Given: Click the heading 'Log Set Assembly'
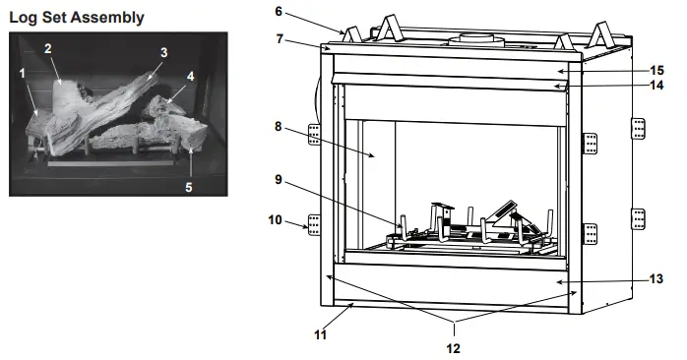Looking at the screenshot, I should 76,17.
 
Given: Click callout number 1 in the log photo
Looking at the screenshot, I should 22,73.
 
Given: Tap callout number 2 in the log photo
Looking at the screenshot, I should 47,48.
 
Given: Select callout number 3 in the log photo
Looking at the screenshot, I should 163,52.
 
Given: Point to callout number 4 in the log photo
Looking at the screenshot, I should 189,74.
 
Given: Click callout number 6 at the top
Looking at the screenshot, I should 279,11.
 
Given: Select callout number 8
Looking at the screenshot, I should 279,126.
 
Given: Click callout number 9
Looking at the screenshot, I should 279,180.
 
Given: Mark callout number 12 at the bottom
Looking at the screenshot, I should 454,347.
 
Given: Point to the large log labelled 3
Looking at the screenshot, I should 108,98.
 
